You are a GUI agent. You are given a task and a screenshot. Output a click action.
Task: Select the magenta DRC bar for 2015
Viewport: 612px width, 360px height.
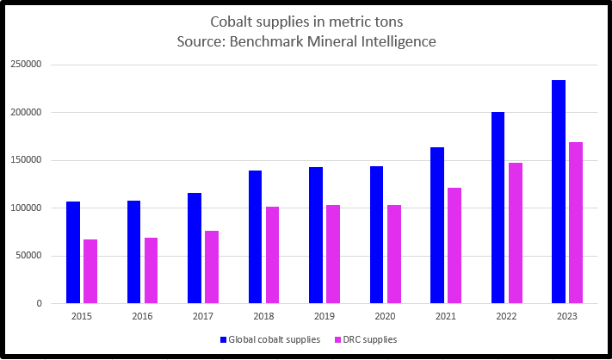click(90, 271)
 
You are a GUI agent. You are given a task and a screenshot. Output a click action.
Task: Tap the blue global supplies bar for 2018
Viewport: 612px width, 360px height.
click(255, 237)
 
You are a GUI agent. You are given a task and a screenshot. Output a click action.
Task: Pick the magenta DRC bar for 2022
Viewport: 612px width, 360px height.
click(515, 233)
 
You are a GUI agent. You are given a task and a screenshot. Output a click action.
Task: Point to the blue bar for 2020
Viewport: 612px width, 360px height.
click(376, 234)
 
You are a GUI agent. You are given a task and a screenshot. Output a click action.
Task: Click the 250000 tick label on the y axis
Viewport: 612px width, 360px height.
click(27, 65)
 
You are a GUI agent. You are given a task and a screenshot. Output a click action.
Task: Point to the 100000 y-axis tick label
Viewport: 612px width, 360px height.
click(27, 208)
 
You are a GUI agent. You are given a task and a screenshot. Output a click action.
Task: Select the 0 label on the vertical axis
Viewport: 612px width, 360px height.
click(40, 303)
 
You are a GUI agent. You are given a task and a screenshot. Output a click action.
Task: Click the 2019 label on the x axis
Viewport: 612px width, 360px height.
click(325, 318)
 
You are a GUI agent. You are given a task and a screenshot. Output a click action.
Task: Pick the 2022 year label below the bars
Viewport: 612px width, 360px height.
click(506, 318)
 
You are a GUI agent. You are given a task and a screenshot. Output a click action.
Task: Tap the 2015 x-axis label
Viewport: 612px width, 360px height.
click(82, 318)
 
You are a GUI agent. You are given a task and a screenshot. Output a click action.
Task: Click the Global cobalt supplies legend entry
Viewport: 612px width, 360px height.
click(270, 339)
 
